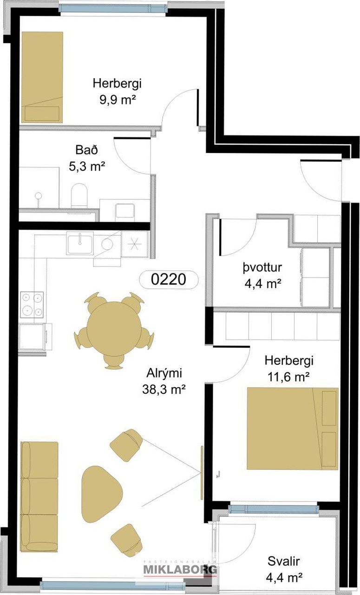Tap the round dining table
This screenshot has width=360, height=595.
(115, 329)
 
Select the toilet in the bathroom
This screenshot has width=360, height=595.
(79, 196)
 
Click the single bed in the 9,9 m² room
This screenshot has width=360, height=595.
(42, 77)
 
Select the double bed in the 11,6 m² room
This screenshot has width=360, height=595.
(293, 428)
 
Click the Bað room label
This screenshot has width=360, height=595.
(86, 150)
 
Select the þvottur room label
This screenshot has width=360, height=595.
(262, 267)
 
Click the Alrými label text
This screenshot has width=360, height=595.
(164, 373)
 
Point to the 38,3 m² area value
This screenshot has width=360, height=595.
(164, 390)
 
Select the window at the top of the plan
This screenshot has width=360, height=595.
(113, 8)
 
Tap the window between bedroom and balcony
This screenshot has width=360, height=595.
(274, 509)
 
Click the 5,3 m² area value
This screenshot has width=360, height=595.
(87, 167)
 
